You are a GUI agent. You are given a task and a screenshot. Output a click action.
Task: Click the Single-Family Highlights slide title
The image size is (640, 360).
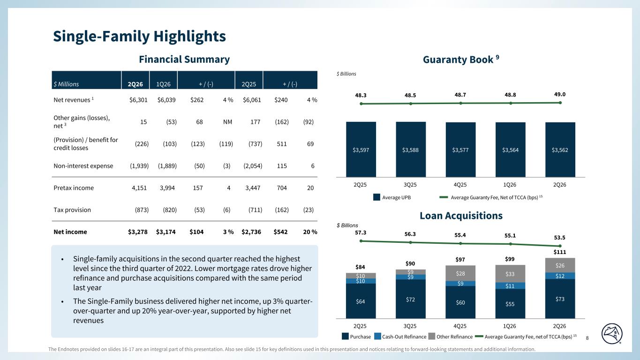[139, 36]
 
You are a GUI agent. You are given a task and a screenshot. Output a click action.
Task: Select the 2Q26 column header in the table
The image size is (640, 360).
[135, 84]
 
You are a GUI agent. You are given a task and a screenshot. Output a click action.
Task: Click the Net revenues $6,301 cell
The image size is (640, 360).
[138, 100]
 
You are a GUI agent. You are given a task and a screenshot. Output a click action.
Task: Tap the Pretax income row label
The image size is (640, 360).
[74, 187]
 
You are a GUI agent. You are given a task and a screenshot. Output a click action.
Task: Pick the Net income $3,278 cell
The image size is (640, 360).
[138, 232]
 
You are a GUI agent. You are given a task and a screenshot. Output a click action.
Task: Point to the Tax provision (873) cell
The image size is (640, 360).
[142, 210]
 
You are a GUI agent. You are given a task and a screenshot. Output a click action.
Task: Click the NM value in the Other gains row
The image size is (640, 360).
[227, 122]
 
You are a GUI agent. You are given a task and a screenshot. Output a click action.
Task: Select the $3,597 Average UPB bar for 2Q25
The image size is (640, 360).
[361, 150]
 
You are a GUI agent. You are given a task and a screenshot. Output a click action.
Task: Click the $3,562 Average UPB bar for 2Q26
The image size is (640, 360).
[560, 150]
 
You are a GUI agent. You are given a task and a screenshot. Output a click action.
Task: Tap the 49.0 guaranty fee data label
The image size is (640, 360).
[560, 94]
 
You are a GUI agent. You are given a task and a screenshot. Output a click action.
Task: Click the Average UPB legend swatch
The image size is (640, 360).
[376, 197]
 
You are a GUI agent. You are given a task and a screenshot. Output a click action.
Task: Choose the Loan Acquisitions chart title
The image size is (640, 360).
[461, 216]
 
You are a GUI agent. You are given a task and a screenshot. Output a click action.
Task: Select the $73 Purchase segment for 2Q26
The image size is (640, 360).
[560, 299]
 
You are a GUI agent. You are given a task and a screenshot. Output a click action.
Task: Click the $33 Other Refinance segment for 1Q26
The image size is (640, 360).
[510, 274]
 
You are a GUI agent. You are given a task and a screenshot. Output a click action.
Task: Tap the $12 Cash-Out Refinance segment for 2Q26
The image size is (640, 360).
[560, 276]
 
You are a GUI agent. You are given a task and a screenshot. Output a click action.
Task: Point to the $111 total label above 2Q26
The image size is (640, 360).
[560, 252]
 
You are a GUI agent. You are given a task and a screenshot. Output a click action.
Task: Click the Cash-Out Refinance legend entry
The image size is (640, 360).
[400, 337]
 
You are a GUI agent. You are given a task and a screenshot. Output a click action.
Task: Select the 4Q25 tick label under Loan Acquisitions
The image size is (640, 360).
[460, 326]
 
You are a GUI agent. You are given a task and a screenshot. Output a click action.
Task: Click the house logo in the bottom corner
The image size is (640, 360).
[612, 334]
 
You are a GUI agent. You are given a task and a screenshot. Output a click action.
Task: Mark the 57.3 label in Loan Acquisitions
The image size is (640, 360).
[361, 232]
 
